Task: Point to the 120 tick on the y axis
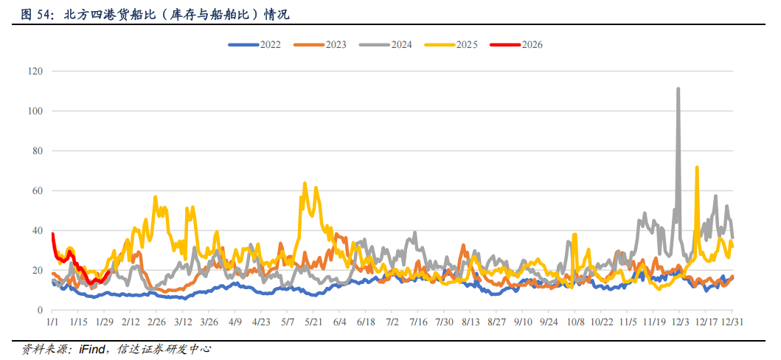36,72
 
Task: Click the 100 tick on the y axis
36,111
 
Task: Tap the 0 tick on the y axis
41,311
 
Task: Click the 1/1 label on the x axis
52,322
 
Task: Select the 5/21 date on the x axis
313,322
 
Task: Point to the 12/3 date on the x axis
679,322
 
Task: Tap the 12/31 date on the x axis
732,322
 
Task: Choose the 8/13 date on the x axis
471,322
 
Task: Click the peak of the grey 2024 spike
678,89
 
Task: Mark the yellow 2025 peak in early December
697,167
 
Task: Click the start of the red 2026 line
52,234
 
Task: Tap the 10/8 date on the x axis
575,322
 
